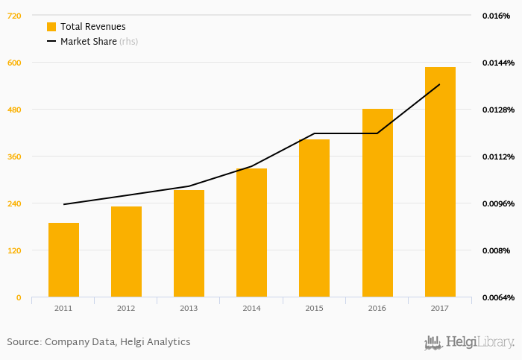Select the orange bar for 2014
coord(251,233)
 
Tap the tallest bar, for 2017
coord(440,182)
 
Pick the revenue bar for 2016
coord(377,203)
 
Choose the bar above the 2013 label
coord(189,243)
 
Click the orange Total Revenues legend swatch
coord(51,27)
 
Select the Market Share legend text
coord(88,42)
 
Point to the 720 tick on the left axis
coord(14,16)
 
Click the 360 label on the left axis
coord(14,157)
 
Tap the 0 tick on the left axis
coord(19,297)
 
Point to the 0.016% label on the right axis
coord(496,16)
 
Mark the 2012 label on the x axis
coord(126,308)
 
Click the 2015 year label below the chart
coord(314,308)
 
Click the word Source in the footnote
coord(23,342)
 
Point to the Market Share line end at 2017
coord(440,84)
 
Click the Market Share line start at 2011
coord(64,204)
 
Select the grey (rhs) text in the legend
coord(129,42)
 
